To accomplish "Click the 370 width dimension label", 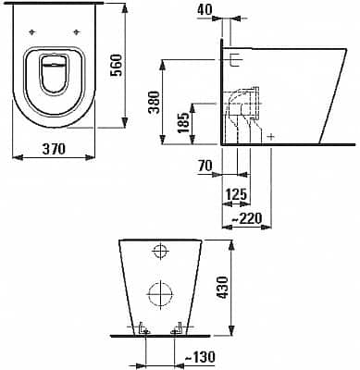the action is pos(54,149).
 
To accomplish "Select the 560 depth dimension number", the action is pos(118,65).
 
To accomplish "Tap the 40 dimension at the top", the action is pos(205,9).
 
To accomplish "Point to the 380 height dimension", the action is pos(155,103).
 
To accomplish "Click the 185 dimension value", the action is pos(184,122).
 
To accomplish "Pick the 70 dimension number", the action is pos(205,166).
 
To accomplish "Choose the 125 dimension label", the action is pos(236,194).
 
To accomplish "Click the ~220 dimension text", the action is pos(246,218).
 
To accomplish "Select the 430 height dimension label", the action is pos(222,288).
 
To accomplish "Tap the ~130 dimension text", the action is pos(200,357).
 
